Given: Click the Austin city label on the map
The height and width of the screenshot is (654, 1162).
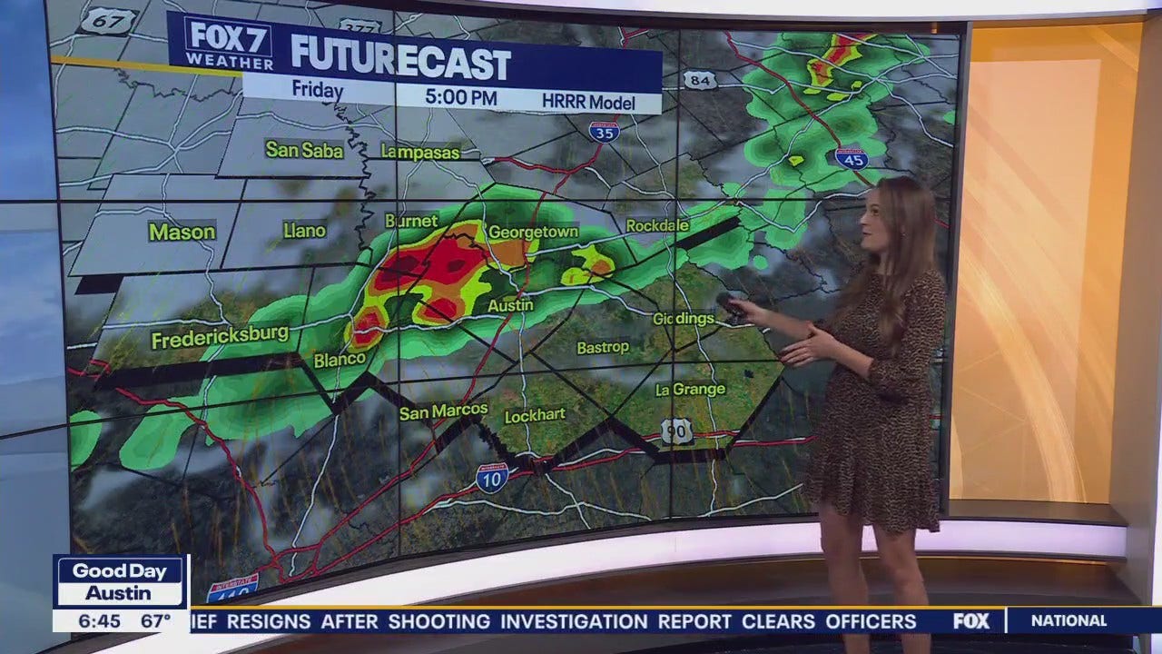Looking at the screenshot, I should click(x=510, y=305).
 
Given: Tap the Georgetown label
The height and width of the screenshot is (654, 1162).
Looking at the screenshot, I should click(x=533, y=232).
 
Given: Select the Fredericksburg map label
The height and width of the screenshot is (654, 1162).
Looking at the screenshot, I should click(x=219, y=340).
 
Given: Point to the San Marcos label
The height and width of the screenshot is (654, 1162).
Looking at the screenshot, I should click(x=443, y=411).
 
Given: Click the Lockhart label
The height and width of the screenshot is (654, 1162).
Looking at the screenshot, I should click(x=535, y=414).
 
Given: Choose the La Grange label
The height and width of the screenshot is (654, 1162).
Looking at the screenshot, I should click(x=690, y=390).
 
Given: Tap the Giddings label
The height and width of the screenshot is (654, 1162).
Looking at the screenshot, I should click(x=683, y=319).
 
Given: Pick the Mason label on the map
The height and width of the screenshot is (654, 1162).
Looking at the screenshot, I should click(x=182, y=232).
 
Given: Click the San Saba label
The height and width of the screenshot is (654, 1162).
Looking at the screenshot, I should click(x=304, y=149).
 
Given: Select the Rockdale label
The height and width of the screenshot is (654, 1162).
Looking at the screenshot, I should click(x=657, y=224).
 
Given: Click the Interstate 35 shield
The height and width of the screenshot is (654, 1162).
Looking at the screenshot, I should click(x=604, y=133).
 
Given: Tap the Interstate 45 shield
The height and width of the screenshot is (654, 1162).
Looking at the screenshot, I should click(x=852, y=158).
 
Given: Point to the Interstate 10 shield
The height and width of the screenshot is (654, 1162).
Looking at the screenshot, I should click(x=491, y=478).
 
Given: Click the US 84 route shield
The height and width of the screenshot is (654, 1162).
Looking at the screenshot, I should click(x=700, y=81).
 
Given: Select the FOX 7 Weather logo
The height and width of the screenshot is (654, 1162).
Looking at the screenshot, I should click(x=229, y=43).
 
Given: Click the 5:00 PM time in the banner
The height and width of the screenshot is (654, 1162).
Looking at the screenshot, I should click(x=460, y=97).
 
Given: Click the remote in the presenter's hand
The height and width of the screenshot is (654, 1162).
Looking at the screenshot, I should click(x=732, y=305).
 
